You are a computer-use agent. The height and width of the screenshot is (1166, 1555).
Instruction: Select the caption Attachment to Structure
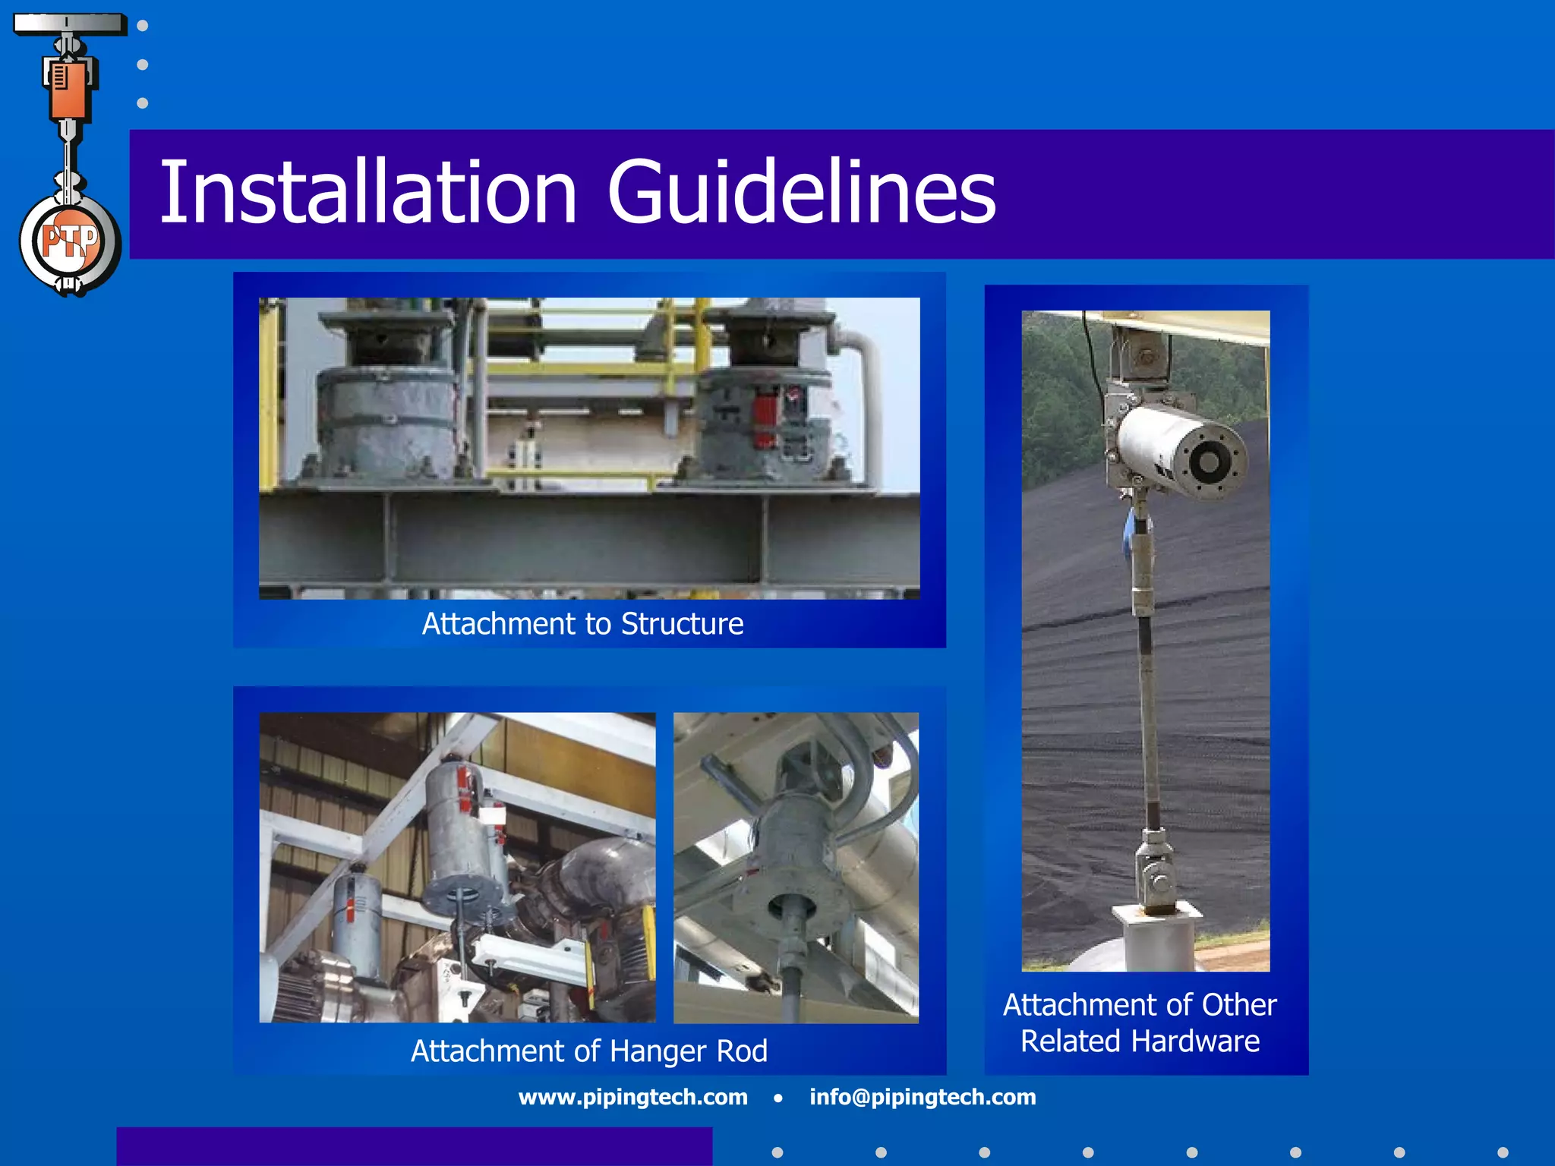[x=582, y=624]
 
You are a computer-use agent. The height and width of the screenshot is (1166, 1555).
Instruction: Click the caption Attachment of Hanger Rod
[x=588, y=1051]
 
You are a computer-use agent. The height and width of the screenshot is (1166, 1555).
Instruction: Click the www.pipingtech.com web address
[x=632, y=1097]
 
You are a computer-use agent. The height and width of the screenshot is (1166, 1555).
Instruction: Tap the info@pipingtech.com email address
[x=923, y=1097]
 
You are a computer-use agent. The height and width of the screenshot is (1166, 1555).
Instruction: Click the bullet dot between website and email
[x=778, y=1098]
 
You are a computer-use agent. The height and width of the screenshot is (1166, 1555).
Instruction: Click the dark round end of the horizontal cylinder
[x=1208, y=461]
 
